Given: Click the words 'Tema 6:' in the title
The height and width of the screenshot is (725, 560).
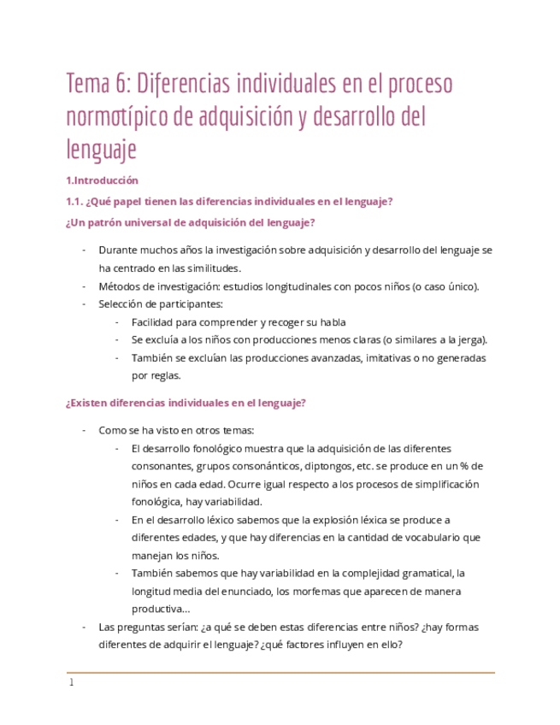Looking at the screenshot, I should tap(97, 85).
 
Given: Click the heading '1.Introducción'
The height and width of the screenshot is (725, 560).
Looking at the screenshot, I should tap(101, 180).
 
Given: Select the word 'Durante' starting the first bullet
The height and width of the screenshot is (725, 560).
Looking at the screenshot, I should tap(117, 251).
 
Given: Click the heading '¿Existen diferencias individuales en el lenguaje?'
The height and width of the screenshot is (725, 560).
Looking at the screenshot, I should tap(186, 403).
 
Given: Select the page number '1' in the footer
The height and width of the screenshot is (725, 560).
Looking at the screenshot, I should tap(72, 682).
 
